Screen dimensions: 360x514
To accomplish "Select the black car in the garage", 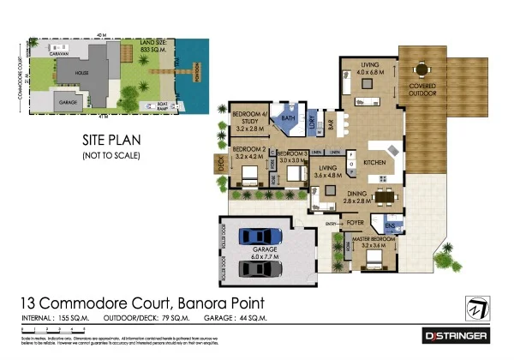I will click(260, 268).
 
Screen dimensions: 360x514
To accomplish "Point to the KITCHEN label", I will click(376, 162).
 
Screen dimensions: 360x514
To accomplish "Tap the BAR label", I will click(331, 126).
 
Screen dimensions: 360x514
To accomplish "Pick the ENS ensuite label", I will click(391, 226).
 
